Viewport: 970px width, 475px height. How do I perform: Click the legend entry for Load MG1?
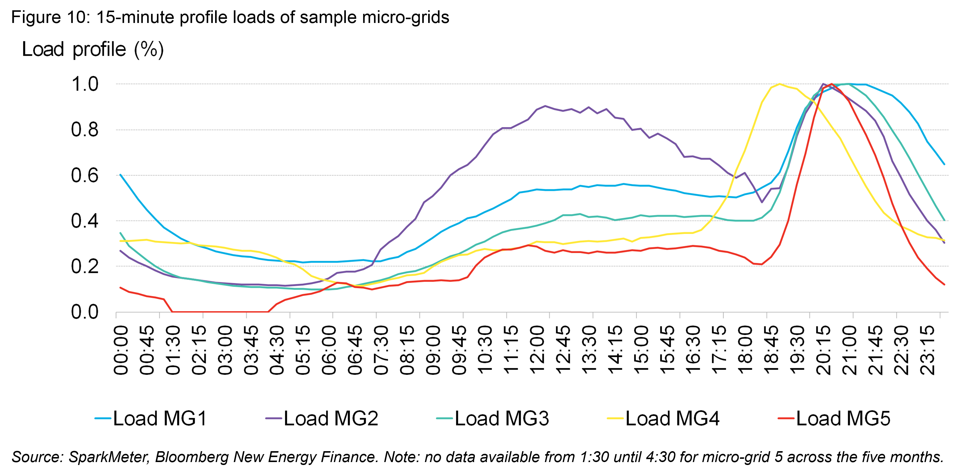151,418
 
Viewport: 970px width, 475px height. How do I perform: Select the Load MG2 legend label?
322,418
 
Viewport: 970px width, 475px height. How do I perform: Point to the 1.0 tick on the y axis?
85,84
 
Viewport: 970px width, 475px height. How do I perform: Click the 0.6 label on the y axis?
85,176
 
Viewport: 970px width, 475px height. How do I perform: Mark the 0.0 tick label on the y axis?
85,312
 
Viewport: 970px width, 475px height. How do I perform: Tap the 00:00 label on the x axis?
121,351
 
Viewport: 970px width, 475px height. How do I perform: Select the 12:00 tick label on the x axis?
537,351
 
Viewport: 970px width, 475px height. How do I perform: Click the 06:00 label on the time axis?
329,351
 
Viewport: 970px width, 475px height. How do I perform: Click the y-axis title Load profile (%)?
93,49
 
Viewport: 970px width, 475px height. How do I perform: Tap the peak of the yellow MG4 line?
779,84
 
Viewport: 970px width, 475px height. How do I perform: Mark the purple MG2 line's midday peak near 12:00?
545,106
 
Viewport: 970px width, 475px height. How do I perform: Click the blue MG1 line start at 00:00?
120,175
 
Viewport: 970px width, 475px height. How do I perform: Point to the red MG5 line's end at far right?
944,285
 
